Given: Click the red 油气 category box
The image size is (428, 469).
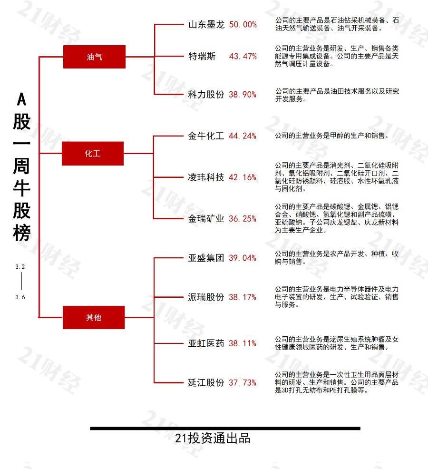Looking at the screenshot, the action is click(94, 57).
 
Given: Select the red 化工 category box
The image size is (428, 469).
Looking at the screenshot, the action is click(93, 154).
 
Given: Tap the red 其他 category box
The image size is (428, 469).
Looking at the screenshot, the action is click(94, 317).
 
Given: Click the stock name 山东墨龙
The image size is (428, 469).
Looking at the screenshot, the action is click(206, 25).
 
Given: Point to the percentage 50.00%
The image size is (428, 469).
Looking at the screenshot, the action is click(243, 25).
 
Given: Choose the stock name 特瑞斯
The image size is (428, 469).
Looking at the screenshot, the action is click(202, 56).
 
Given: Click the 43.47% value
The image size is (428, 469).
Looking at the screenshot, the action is click(243, 56).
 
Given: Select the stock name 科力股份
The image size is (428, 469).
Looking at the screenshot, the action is click(206, 95).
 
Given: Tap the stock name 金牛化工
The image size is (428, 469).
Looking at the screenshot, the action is click(206, 136).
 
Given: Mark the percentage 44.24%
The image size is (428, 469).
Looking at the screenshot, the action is click(243, 136).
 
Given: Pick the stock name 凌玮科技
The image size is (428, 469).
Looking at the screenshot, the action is click(206, 177).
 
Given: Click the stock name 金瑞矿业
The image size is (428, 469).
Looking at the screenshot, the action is click(206, 219).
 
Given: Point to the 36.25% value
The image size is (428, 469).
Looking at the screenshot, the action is click(243, 219).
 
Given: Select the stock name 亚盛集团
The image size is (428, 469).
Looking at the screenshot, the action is click(206, 258).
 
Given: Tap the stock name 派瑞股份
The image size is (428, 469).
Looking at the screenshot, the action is click(206, 297).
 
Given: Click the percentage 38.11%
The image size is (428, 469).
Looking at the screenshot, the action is click(243, 343).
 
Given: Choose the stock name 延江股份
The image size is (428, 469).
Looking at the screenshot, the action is click(206, 382).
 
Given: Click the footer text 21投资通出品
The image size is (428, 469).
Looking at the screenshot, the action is click(213, 438).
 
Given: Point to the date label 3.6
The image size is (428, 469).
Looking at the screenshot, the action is click(20, 297).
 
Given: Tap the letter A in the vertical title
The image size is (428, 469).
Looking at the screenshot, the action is click(21, 99).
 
